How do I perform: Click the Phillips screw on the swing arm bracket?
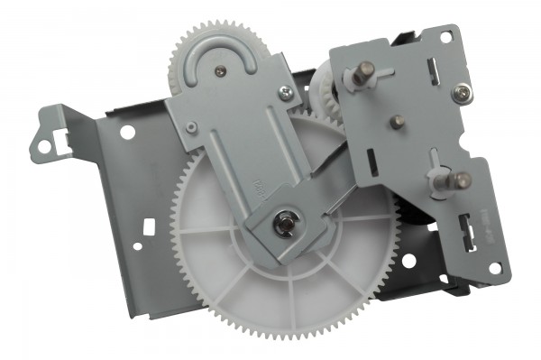coord(285,90)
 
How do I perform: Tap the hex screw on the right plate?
coord(461,90)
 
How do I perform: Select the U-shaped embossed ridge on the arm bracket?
coord(220,68)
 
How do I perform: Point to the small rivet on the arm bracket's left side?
coord(190,128)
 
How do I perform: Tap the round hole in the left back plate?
coord(129,133)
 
